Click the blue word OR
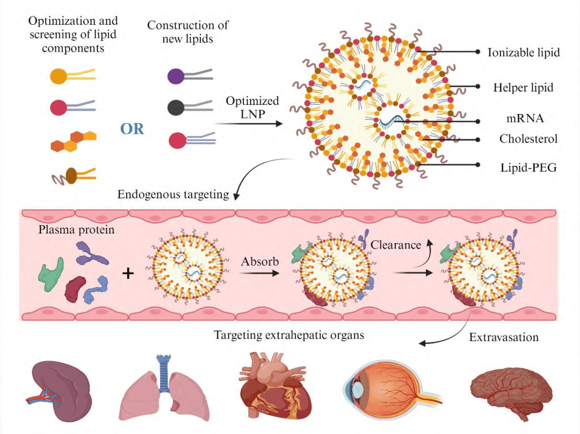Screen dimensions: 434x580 click(x=132, y=129)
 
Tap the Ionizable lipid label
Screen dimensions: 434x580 click(x=523, y=52)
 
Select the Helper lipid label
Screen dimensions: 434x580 click(x=523, y=87)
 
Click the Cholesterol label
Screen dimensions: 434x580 click(x=528, y=139)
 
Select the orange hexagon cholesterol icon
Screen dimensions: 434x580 click(x=73, y=141)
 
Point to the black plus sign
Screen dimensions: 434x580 click(x=128, y=274)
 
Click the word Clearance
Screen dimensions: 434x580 click(x=396, y=245)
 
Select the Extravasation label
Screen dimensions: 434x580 click(x=503, y=338)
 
